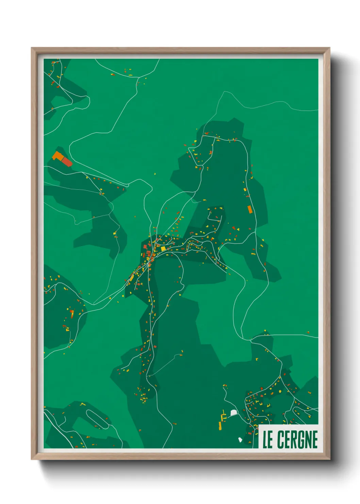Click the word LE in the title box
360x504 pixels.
[267, 439]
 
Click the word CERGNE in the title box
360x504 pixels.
[297, 439]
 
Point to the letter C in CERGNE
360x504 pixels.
[281, 439]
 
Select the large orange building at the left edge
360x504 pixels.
[58, 156]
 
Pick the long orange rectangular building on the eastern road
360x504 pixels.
[250, 209]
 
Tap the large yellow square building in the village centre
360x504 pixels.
[163, 249]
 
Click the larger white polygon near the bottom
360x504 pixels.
[233, 413]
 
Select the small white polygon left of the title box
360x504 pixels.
[240, 440]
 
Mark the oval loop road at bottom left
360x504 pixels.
[97, 419]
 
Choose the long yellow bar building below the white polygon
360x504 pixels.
[220, 426]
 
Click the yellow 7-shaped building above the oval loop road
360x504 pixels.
[83, 404]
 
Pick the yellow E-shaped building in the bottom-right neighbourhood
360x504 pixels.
[268, 405]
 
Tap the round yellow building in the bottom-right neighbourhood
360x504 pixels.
[280, 392]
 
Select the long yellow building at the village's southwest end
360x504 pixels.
[132, 277]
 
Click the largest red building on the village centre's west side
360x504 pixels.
[145, 247]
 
